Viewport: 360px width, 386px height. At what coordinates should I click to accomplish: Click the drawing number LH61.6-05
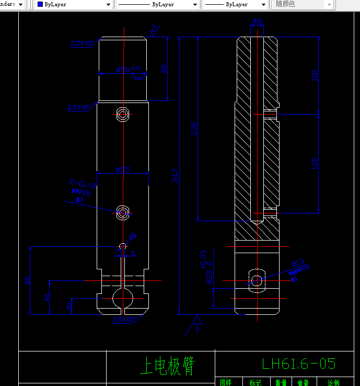pos(298,364)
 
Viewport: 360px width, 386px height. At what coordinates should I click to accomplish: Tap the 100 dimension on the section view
pos(315,75)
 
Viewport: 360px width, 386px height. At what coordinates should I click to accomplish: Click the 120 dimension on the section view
pos(315,163)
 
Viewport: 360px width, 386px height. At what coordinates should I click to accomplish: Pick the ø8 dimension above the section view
pos(257,21)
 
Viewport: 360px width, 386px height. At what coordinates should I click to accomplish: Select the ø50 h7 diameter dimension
pos(128,70)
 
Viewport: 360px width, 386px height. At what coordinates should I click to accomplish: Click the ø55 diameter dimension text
pos(123,169)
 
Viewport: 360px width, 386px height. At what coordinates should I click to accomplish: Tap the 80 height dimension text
pos(163,68)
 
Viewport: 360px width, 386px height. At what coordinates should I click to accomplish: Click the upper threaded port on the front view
pos(123,114)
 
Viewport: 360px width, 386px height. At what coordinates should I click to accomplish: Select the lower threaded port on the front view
pos(123,212)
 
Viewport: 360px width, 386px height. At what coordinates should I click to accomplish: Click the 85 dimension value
pos(27,280)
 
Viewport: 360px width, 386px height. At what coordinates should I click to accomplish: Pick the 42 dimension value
pos(47,297)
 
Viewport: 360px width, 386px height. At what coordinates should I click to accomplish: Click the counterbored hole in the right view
pos(256,280)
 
